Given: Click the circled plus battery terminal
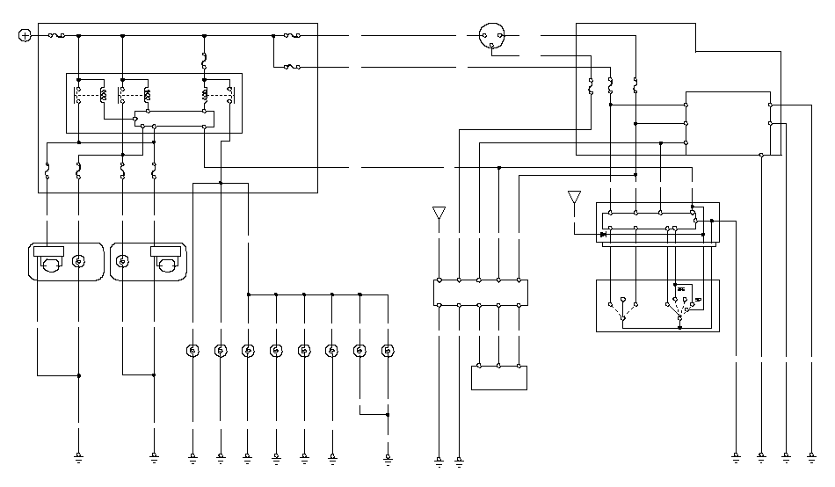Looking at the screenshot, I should pyautogui.click(x=25, y=35).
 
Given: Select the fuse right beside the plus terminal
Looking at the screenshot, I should pyautogui.click(x=55, y=35).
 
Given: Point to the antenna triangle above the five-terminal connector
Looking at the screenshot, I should pyautogui.click(x=439, y=212).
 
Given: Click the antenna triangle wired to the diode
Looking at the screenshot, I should pyautogui.click(x=574, y=196).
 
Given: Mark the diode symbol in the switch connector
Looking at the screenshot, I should pyautogui.click(x=603, y=235).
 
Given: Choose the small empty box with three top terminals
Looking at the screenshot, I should pyautogui.click(x=498, y=377).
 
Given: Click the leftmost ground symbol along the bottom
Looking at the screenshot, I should pyautogui.click(x=79, y=457).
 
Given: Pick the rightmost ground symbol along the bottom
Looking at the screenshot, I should pyautogui.click(x=810, y=457).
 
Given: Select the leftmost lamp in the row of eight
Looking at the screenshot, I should pyautogui.click(x=192, y=351).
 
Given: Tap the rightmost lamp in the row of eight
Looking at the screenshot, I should pyautogui.click(x=388, y=351).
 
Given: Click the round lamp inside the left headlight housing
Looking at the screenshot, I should pyautogui.click(x=79, y=261).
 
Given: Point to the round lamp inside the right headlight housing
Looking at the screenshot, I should pyautogui.click(x=123, y=261).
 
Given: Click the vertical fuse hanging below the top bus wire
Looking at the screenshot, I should pyautogui.click(x=204, y=62).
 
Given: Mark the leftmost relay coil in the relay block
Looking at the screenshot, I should pyautogui.click(x=104, y=94).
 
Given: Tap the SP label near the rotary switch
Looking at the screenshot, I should pyautogui.click(x=697, y=301).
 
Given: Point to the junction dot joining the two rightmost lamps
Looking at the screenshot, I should pyautogui.click(x=388, y=413).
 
